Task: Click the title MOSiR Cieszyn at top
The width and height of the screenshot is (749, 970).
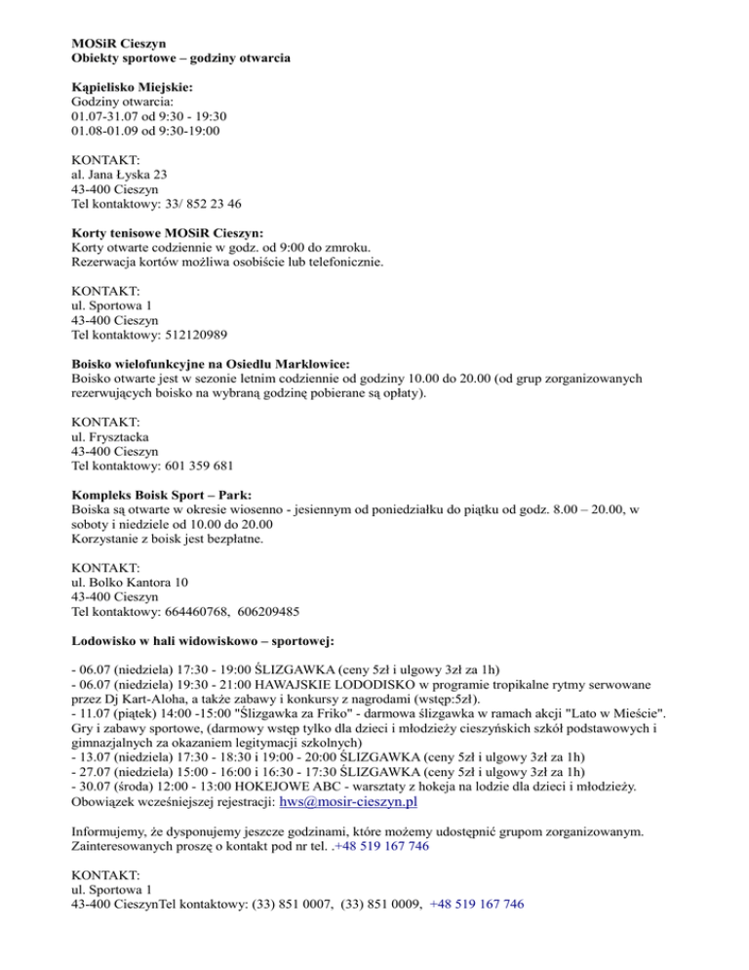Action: pos(118,44)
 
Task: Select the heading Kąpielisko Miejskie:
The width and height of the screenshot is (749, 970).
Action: pos(132,86)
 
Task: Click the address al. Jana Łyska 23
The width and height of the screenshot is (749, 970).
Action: pos(125,174)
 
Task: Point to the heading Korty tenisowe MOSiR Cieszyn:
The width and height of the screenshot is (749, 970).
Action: pos(167,233)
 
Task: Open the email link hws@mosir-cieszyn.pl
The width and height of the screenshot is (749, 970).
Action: pos(348,802)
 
